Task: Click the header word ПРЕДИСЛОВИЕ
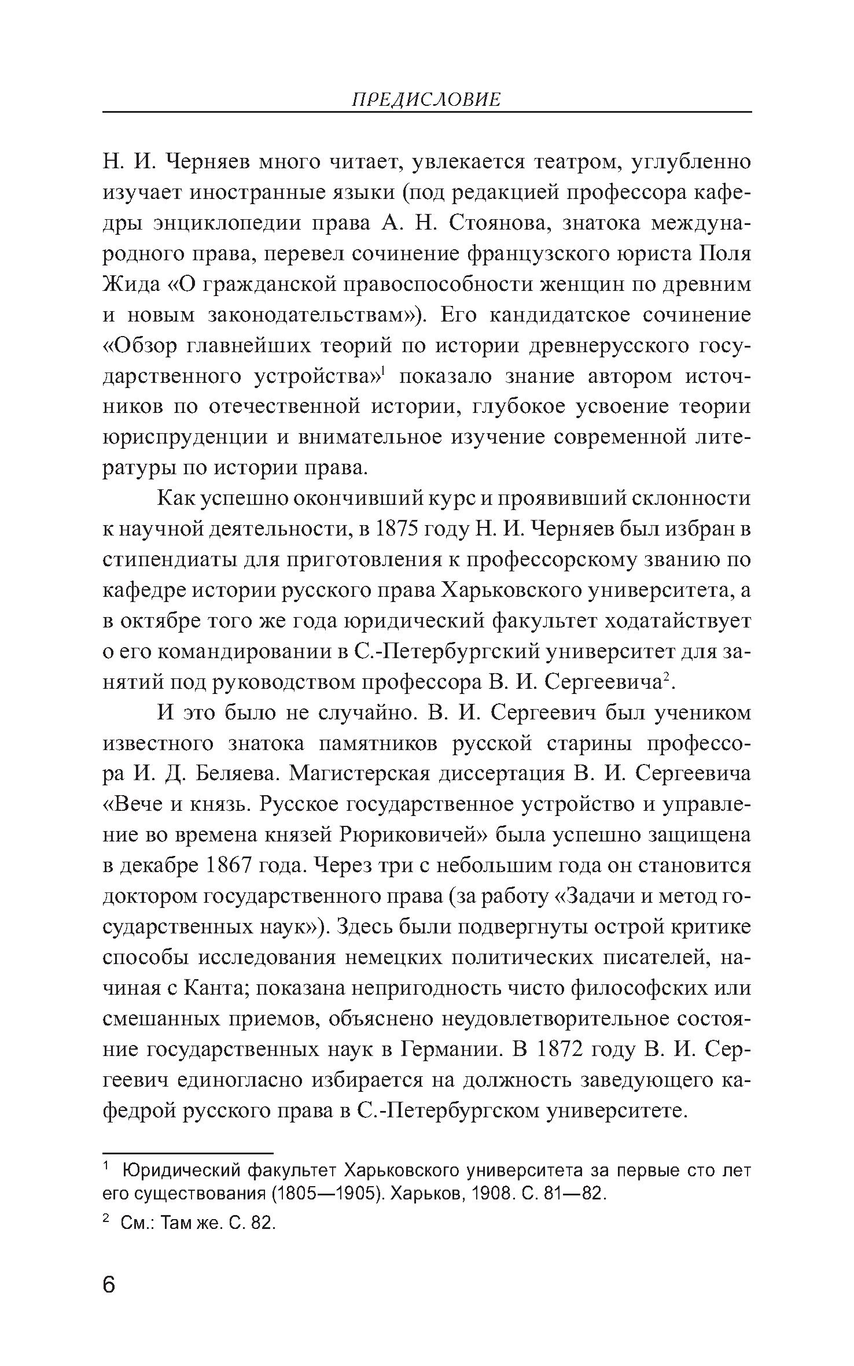pyautogui.click(x=426, y=100)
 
